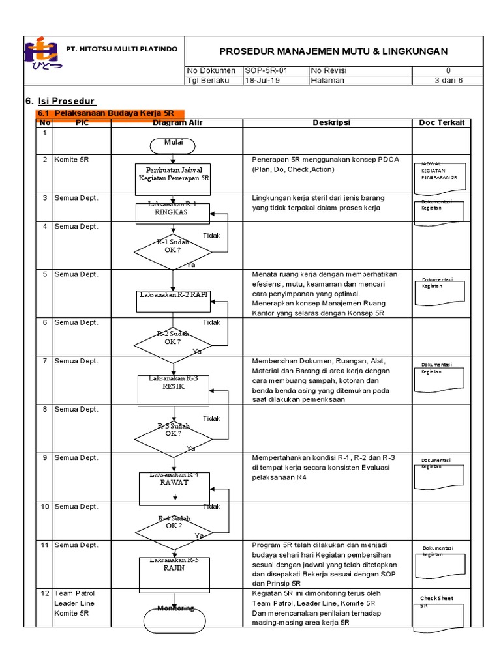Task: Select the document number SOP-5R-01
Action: pos(266,70)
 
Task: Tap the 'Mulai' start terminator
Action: pos(173,144)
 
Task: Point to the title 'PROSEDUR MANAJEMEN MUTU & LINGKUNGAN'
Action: pos(333,51)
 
